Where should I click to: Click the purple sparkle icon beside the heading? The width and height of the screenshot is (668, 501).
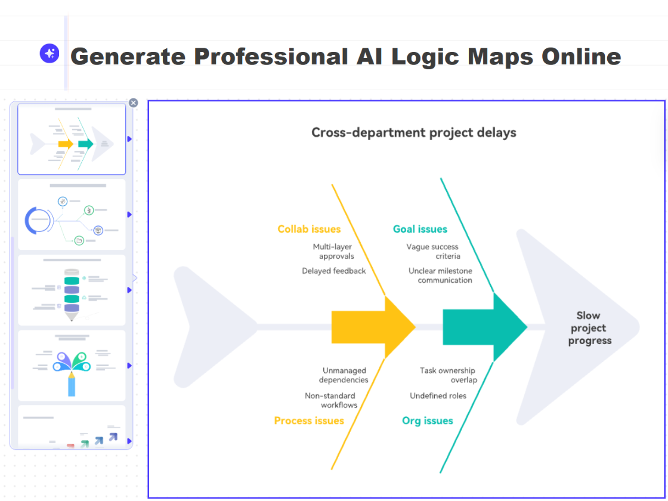[50, 53]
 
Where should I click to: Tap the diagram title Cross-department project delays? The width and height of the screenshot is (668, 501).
[414, 132]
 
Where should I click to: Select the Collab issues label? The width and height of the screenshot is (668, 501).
[309, 229]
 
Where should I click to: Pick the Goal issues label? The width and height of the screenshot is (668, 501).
[420, 229]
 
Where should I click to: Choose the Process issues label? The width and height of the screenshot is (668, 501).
[309, 420]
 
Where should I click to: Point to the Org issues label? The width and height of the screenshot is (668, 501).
[428, 420]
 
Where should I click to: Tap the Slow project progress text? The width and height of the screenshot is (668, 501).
[589, 328]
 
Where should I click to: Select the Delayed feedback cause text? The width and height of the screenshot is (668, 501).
[334, 271]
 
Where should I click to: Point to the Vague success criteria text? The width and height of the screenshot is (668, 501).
[433, 251]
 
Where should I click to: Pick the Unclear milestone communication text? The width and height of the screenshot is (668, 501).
[440, 275]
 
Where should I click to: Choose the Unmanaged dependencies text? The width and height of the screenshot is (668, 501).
[344, 375]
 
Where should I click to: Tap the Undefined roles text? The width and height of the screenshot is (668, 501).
[438, 395]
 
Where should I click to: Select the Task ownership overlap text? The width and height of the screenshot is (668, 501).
[448, 375]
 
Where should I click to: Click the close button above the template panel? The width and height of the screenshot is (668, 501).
[134, 103]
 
